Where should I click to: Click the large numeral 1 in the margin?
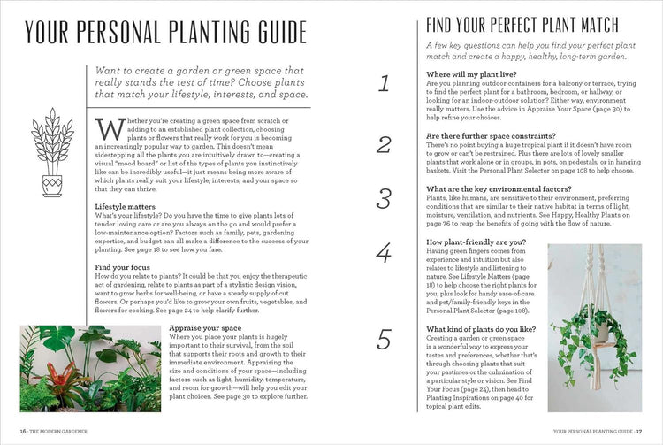(x=383, y=84)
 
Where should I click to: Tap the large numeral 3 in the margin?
(x=384, y=199)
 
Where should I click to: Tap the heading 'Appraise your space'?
(x=204, y=328)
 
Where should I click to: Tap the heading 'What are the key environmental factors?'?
(x=499, y=188)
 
